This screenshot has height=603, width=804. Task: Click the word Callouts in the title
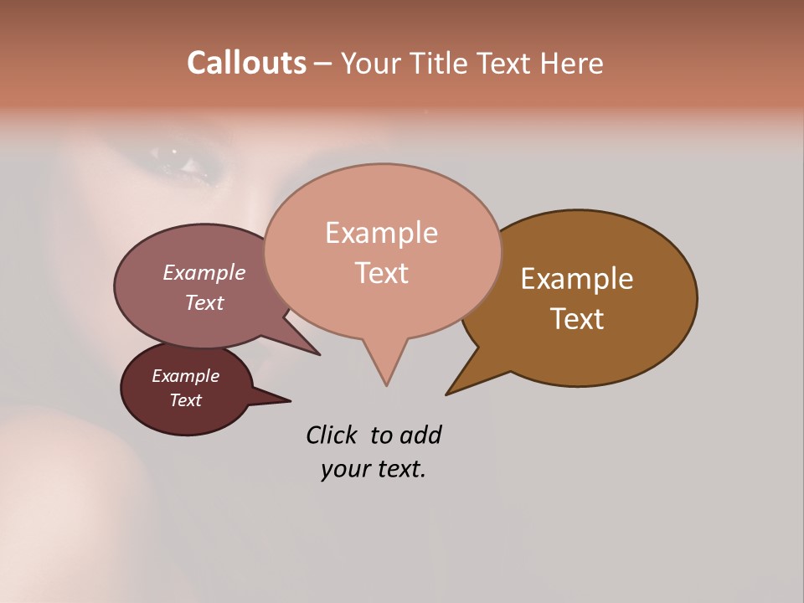pos(246,63)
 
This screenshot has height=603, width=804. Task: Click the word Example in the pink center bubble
pos(381,233)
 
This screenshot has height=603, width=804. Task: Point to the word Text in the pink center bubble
pos(381,273)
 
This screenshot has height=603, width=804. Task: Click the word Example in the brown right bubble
pos(577,279)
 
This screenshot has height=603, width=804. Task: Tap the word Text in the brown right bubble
pos(577,319)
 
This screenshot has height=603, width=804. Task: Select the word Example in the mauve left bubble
pos(204,272)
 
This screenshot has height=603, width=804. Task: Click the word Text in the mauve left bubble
pos(204,302)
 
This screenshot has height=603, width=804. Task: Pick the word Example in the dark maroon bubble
pos(185,376)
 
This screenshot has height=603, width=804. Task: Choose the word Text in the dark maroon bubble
pos(185,400)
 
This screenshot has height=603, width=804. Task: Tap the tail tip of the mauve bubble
pos(318,354)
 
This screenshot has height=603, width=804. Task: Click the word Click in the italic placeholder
pos(332,435)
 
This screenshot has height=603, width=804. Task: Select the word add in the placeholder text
pos(420,435)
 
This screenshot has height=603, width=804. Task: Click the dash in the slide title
pos(324,64)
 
